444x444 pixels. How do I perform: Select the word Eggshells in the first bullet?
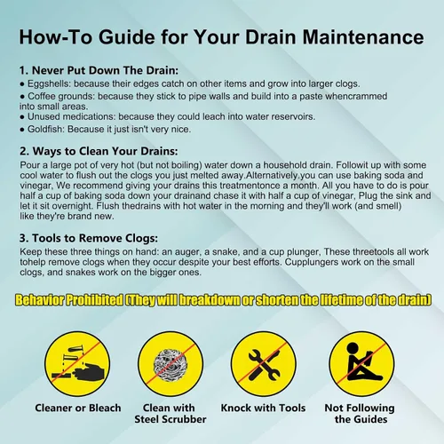[49, 84]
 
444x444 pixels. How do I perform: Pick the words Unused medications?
[71, 116]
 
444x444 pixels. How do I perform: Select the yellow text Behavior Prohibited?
[69, 300]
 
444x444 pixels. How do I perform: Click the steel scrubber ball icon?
[170, 364]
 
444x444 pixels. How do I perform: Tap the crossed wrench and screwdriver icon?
[264, 364]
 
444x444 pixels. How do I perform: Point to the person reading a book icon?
[362, 362]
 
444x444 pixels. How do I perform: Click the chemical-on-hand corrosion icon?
[78, 364]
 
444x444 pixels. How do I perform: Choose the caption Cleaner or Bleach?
[78, 408]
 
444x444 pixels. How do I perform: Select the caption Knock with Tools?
[263, 408]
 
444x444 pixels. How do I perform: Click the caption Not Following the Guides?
[360, 414]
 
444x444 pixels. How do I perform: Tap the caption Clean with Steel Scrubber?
[170, 414]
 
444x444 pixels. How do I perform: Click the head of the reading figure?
[353, 349]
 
